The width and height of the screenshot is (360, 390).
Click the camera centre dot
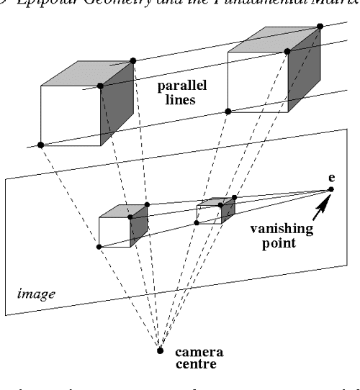(x=160, y=350)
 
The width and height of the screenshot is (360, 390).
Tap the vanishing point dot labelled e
(x=331, y=189)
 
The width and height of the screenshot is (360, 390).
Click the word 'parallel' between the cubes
(x=184, y=87)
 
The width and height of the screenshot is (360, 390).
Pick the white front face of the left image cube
(x=114, y=232)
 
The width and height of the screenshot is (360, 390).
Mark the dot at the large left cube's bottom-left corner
(x=41, y=145)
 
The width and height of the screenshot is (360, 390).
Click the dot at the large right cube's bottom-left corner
(x=228, y=112)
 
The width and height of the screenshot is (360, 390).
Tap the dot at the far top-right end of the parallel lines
(x=320, y=27)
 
